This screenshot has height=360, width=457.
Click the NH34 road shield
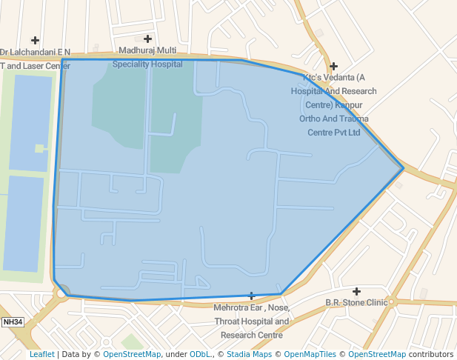click(13, 321)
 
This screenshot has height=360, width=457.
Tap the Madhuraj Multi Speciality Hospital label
click(147, 57)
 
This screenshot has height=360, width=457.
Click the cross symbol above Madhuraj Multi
click(147, 39)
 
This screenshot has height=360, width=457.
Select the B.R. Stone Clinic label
click(356, 302)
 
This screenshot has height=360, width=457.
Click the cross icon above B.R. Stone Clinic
click(356, 291)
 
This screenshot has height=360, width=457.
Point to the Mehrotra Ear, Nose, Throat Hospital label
click(251, 321)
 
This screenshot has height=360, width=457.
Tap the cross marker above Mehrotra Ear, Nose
click(251, 296)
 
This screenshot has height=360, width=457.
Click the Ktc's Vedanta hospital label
click(334, 104)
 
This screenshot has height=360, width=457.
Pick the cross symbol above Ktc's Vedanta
click(333, 66)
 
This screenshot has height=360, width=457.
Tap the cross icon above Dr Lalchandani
click(35, 40)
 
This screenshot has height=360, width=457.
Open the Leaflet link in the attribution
click(41, 354)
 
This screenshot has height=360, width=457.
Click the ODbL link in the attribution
click(200, 354)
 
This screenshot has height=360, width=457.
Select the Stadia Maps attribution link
click(248, 354)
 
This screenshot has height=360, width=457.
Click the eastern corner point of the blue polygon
click(404, 168)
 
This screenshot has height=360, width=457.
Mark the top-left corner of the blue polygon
click(62, 60)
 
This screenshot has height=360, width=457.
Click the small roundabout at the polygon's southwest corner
click(62, 291)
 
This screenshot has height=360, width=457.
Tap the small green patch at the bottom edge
click(132, 341)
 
